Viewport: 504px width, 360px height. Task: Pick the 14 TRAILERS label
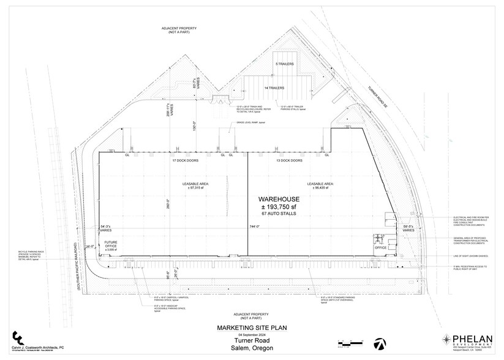coord(275,88)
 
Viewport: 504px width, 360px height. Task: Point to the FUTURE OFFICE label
coord(111,244)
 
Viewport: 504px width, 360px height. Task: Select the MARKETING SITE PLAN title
coord(252,327)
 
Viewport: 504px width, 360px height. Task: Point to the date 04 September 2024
coord(252,334)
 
